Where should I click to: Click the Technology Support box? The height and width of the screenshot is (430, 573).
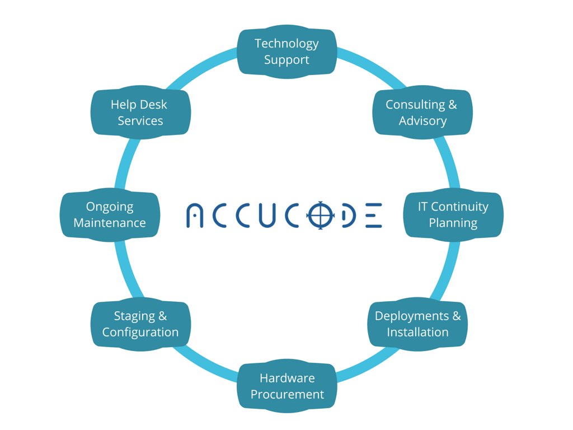pos(286,52)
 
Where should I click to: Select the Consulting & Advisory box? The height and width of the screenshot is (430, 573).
pos(422,113)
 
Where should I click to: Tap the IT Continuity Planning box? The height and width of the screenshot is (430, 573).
pos(453,214)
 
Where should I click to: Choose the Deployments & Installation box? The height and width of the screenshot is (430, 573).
pos(417,324)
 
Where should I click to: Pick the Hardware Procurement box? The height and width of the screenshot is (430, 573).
pos(287,386)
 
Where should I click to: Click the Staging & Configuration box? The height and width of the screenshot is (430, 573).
pos(140,324)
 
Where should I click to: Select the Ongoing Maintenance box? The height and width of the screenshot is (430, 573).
pos(110,214)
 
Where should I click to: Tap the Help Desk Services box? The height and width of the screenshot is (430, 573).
pos(140,113)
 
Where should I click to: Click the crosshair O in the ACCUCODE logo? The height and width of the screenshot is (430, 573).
pos(320,215)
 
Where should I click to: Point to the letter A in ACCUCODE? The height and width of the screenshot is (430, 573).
pos(195,216)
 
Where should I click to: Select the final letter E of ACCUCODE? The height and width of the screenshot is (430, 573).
pos(374,216)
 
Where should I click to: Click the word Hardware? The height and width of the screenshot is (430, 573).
pos(287,378)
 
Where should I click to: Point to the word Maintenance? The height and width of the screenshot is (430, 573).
pos(110,223)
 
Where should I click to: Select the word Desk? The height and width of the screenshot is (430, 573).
pos(153,105)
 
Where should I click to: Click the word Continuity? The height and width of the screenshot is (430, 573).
pos(460,207)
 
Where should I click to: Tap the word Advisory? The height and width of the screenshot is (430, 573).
pos(422,121)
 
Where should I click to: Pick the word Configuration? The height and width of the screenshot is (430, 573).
pos(140,333)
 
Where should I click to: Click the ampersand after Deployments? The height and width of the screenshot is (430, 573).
pos(456,316)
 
